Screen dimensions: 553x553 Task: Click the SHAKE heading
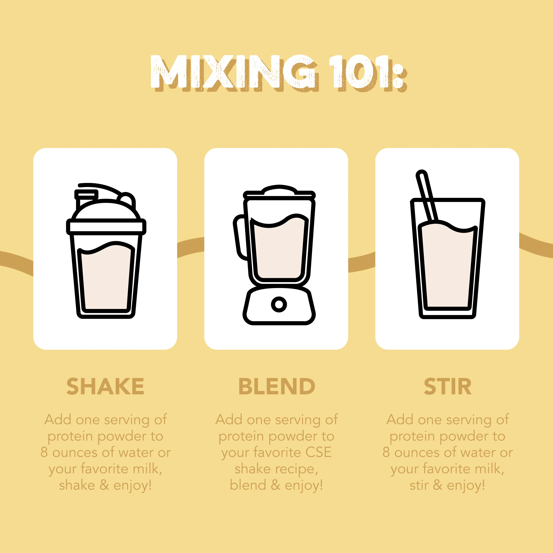105,386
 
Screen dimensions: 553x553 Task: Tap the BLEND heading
276,386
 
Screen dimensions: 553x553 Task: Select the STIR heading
447,386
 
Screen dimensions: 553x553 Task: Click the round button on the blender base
279,304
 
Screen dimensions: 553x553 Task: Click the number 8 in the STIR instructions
386,453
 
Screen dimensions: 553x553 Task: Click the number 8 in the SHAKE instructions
44,453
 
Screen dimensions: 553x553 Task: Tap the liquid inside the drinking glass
447,266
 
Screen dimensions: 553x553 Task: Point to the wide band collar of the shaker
106,227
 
